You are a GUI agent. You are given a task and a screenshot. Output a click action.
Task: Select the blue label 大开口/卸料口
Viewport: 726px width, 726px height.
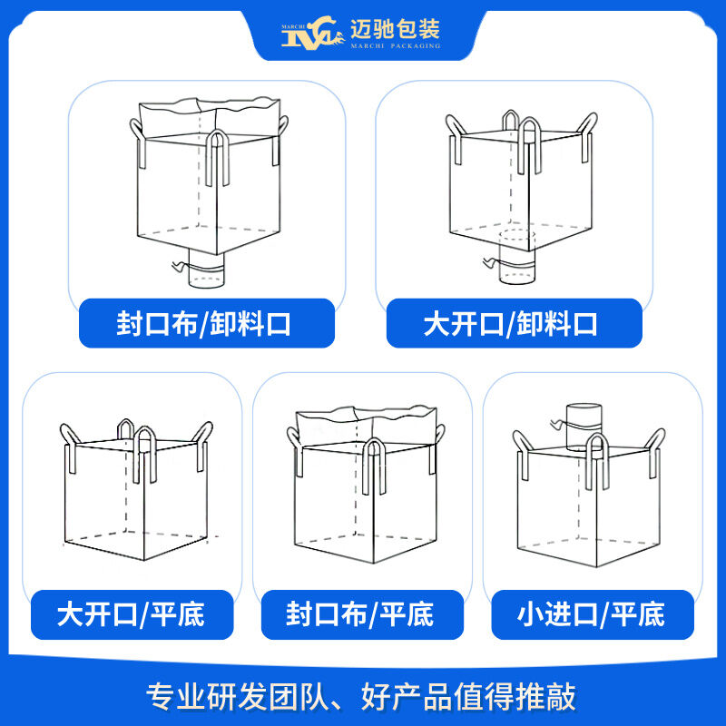tap(511, 324)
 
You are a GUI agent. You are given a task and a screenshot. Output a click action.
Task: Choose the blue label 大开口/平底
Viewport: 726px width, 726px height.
tap(131, 614)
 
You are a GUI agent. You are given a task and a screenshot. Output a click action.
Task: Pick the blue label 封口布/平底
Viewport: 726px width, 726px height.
tap(359, 614)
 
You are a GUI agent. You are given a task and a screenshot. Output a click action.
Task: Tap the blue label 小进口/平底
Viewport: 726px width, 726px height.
tap(591, 614)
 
